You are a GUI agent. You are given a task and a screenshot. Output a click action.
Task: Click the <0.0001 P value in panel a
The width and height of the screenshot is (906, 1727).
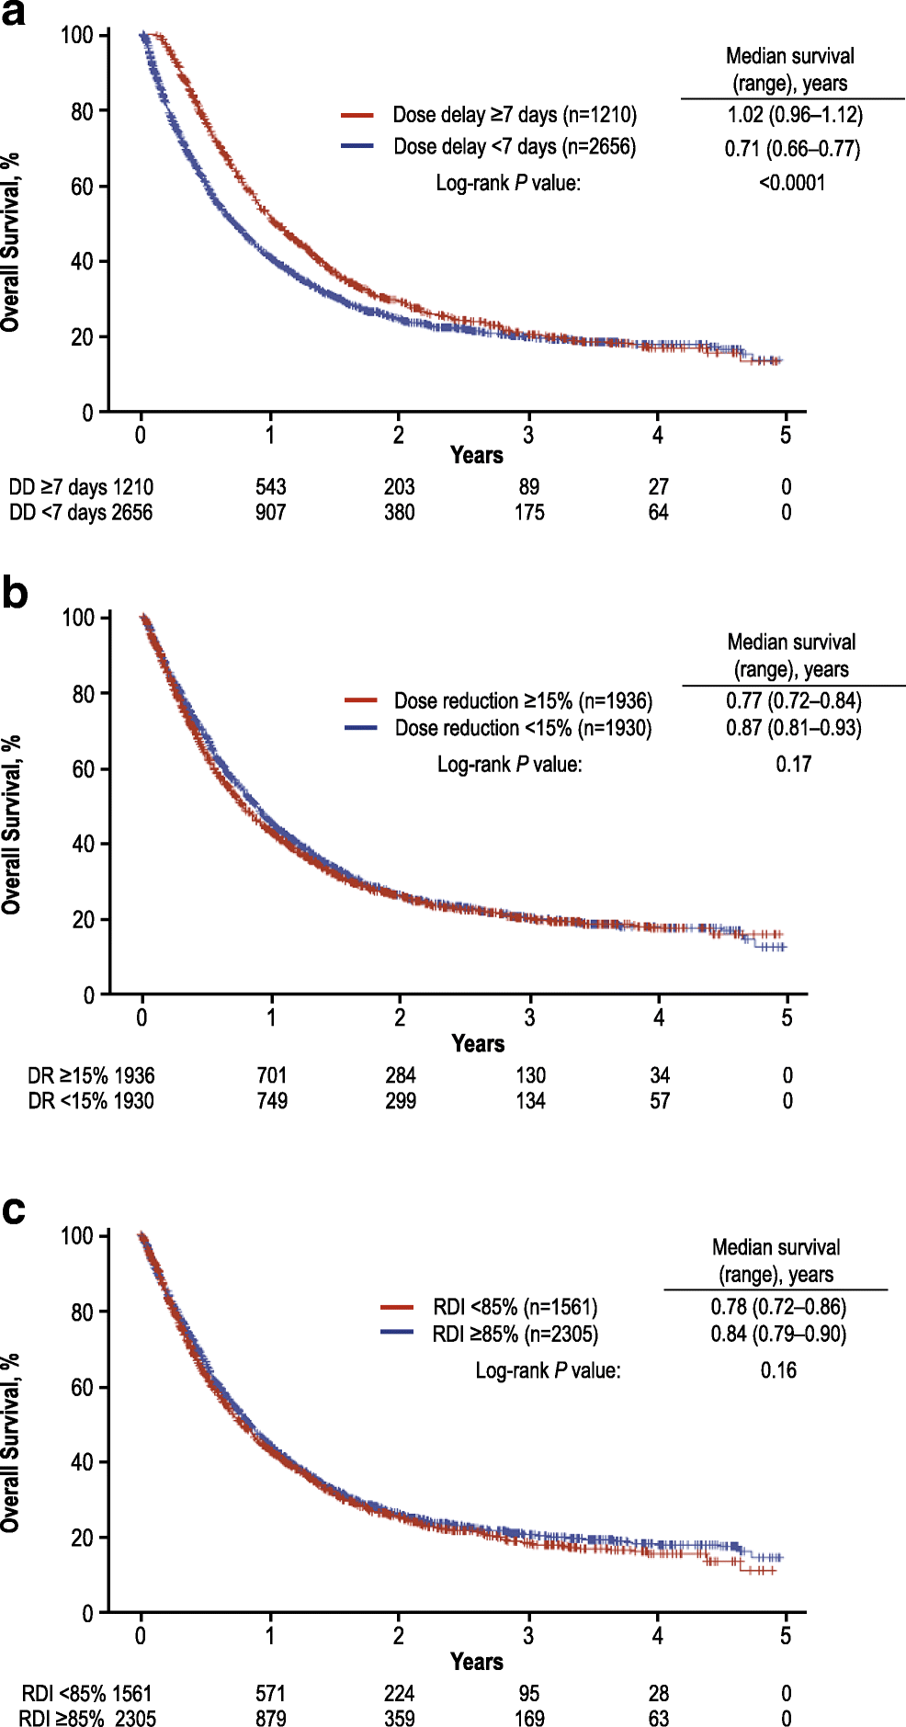(x=792, y=183)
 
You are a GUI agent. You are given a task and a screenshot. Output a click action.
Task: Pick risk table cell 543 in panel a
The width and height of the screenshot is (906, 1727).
(x=270, y=487)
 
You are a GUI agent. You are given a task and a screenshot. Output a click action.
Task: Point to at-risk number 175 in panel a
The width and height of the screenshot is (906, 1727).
(x=529, y=513)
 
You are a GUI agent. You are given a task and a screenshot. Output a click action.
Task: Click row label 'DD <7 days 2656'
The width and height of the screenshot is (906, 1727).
(x=81, y=513)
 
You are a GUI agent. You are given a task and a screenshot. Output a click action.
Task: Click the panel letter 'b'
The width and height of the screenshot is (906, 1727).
(x=14, y=594)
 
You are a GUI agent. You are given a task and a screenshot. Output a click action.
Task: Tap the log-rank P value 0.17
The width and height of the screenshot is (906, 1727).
(x=793, y=765)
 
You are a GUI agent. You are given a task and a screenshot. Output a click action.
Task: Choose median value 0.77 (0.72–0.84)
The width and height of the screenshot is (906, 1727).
(x=794, y=701)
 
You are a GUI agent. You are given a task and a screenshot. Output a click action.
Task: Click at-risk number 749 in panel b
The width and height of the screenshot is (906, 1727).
(x=272, y=1101)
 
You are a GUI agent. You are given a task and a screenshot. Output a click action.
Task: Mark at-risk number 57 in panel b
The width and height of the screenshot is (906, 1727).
(x=660, y=1101)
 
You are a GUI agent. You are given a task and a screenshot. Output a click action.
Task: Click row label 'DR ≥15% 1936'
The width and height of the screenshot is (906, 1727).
(x=91, y=1075)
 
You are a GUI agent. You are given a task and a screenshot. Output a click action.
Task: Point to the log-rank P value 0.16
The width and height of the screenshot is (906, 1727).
(x=778, y=1370)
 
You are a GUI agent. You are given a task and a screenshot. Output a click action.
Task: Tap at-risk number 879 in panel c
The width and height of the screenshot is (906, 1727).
(x=270, y=1719)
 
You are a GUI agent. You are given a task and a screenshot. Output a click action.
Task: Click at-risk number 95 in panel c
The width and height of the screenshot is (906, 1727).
(x=529, y=1693)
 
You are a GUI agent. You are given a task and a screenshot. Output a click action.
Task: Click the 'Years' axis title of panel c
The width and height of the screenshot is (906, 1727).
(x=476, y=1662)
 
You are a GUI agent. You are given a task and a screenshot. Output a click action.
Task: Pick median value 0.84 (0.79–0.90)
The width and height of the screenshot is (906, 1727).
(x=778, y=1334)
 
